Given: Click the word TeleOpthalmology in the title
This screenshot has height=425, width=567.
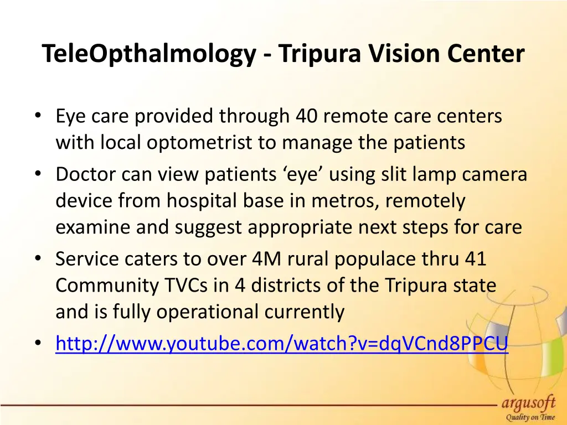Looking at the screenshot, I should [149, 54].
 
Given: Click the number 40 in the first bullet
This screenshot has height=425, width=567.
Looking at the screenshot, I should [307, 116].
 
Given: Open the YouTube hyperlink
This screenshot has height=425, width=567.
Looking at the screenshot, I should [281, 344].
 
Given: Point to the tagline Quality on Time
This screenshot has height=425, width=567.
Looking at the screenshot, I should [529, 418].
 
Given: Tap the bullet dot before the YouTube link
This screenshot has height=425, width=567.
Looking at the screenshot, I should [37, 344].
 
